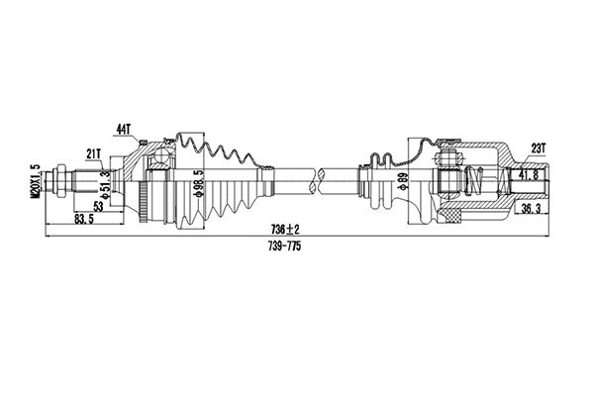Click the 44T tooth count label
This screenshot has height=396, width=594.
point(123,130)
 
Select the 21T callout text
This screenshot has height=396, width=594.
point(93,153)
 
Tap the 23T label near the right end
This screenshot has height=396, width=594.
point(538,148)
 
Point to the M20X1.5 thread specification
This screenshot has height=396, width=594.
point(36,181)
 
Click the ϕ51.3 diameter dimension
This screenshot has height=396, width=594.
point(106,184)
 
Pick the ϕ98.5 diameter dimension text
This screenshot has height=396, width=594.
point(198,183)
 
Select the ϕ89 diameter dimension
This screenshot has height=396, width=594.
point(403,181)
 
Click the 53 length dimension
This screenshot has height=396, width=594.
point(98,207)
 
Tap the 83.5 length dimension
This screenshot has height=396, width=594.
point(84,219)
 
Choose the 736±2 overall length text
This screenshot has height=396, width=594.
point(285,230)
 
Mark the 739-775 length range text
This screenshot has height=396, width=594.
point(284,247)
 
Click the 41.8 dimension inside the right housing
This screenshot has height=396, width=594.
point(529,174)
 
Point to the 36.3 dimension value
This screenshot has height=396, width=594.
point(531,209)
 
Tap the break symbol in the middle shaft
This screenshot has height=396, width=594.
point(318,180)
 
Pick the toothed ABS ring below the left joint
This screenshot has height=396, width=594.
point(144,202)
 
